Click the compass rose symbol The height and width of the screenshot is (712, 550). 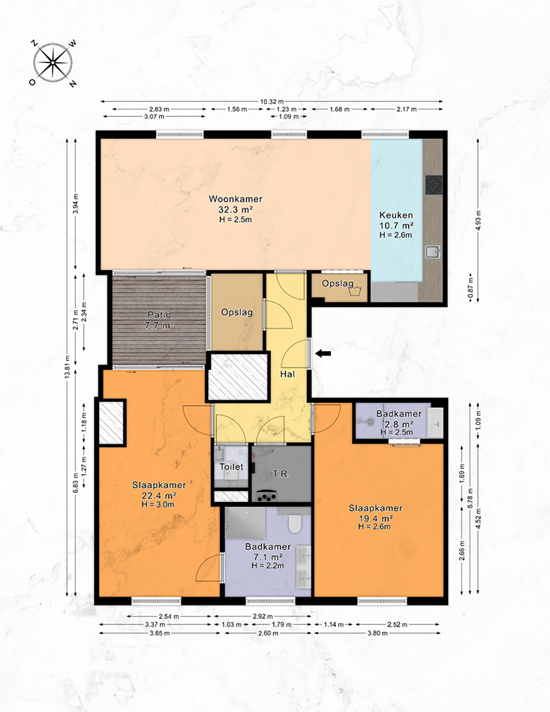pos(53,63)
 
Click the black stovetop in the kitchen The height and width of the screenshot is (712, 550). pos(434,185)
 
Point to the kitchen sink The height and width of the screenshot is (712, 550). pos(433,252)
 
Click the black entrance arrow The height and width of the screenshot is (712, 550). pos(323,353)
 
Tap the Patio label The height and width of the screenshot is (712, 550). pos(159,314)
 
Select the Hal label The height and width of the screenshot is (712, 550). pos(287,374)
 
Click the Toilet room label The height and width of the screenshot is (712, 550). pos(231,467)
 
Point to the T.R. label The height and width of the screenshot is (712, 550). pos(281,474)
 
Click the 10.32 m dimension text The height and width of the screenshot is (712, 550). pos(272,102)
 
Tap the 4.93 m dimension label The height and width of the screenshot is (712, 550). pos(478,221)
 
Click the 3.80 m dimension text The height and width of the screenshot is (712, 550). pos(377,633)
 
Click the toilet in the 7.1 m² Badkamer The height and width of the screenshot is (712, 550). pos(294,523)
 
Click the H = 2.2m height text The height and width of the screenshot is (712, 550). pos(268,566)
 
